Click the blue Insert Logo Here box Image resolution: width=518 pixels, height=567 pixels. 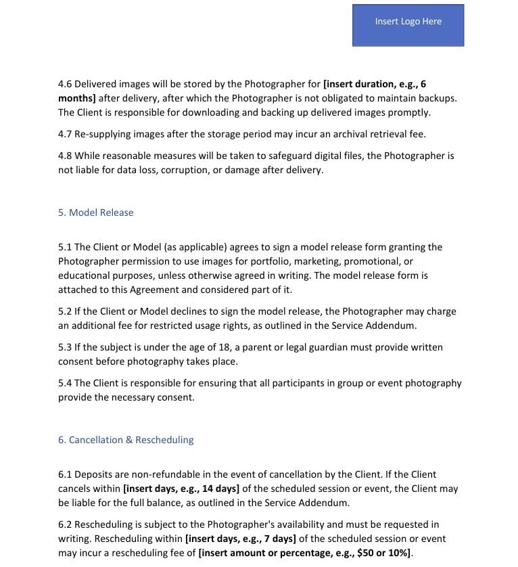(408, 25)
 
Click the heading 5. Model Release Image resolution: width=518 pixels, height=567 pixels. (95, 212)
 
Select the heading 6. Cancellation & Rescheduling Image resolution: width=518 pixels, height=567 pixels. (126, 440)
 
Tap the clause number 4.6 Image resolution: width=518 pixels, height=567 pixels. (65, 84)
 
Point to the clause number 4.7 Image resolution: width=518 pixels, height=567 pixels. (65, 134)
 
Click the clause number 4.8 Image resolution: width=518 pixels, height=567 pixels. (65, 156)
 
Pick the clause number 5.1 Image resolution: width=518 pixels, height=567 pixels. (65, 247)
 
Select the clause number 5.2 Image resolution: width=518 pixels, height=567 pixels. (65, 311)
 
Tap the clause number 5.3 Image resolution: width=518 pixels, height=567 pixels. (65, 347)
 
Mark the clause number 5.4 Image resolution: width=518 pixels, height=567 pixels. (65, 383)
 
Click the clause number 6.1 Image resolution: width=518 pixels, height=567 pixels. (65, 474)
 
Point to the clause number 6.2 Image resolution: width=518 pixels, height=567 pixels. (65, 524)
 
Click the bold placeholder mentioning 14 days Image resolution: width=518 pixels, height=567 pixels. (181, 489)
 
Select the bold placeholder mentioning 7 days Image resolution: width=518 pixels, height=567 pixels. (240, 539)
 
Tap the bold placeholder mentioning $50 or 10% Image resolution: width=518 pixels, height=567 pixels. (305, 553)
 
